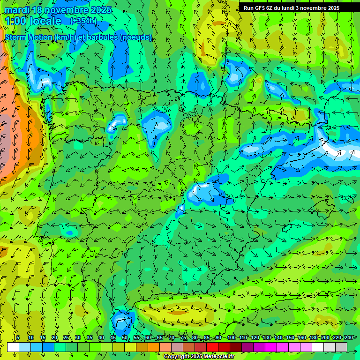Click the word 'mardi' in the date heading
(16, 10)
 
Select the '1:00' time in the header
(15, 21)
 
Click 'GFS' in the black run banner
(262, 8)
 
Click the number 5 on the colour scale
(18, 337)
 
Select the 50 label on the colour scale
(124, 337)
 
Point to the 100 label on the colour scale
(231, 337)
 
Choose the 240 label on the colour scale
(348, 337)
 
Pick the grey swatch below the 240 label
(341, 347)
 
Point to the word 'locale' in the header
(45, 21)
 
